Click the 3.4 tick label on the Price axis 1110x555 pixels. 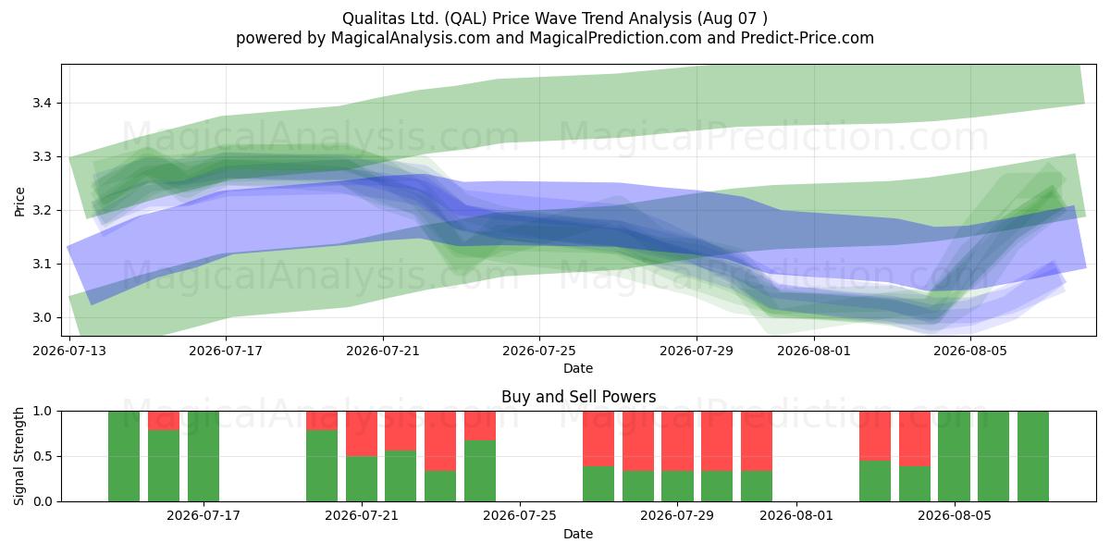(x=42, y=104)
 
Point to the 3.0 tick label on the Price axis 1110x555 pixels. (x=42, y=317)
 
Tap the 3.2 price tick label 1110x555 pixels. (x=42, y=211)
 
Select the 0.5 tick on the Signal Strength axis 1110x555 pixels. (x=42, y=456)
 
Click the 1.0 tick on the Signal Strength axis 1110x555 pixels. (x=42, y=412)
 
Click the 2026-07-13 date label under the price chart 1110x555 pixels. (x=69, y=351)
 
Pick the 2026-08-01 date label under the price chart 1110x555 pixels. (x=814, y=351)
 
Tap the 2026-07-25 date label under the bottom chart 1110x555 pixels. (x=520, y=516)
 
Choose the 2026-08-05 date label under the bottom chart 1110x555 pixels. (x=955, y=516)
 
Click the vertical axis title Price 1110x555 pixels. (x=19, y=202)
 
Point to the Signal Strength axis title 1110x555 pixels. (x=19, y=456)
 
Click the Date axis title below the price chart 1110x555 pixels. (x=578, y=369)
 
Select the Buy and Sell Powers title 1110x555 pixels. (x=579, y=397)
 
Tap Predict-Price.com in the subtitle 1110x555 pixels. (x=808, y=38)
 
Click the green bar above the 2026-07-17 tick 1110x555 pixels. (x=203, y=456)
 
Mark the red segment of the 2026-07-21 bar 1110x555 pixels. (x=362, y=434)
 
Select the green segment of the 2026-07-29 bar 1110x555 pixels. (x=677, y=487)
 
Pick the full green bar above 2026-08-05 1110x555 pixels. (x=954, y=456)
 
